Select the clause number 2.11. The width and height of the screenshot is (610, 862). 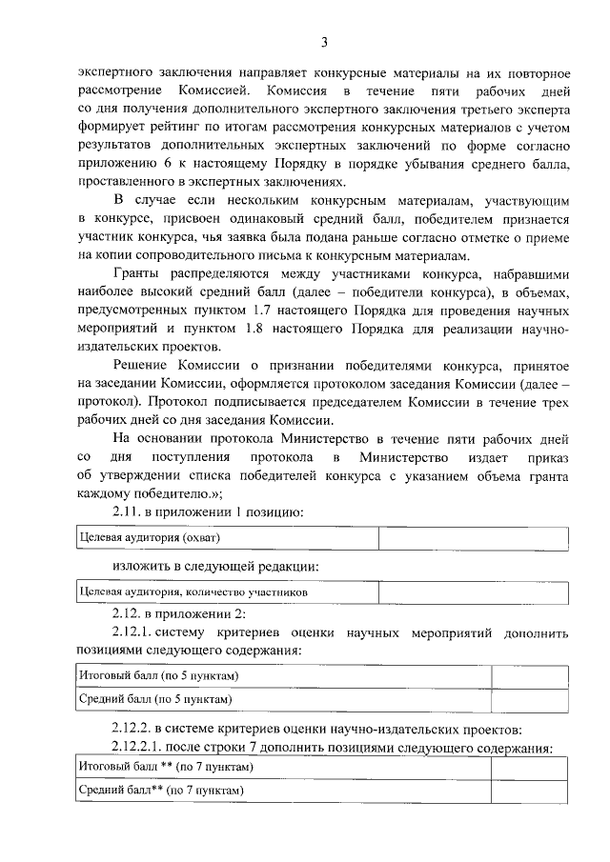pos(131,513)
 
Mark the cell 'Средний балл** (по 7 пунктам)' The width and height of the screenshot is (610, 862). pos(162,790)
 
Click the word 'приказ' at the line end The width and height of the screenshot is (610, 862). pos(545,458)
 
